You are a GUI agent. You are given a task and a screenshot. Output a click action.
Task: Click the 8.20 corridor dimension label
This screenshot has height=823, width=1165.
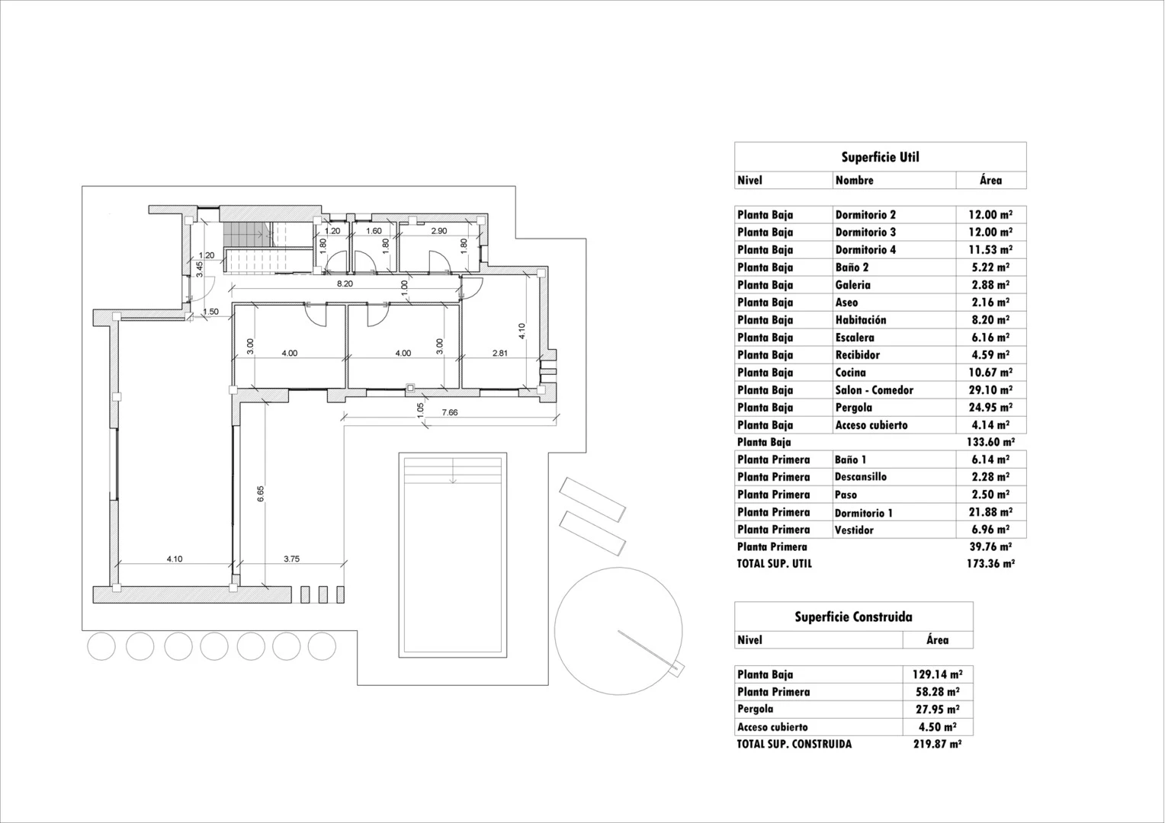point(345,283)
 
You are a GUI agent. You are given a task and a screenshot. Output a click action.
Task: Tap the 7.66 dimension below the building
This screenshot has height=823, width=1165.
point(450,412)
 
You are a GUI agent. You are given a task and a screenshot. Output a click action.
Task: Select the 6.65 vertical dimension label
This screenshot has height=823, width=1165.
point(260,493)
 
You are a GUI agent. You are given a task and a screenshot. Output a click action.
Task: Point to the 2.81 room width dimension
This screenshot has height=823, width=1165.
point(500,353)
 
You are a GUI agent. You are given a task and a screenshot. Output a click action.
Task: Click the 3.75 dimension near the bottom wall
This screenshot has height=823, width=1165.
point(291,559)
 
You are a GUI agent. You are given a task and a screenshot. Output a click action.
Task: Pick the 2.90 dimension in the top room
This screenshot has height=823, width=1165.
point(439,231)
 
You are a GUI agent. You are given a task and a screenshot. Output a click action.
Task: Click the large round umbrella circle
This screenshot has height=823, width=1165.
point(618,632)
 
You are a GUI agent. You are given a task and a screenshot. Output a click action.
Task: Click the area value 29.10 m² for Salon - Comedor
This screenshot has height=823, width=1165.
point(990,390)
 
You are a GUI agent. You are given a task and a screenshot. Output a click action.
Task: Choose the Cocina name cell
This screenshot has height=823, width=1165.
point(850,373)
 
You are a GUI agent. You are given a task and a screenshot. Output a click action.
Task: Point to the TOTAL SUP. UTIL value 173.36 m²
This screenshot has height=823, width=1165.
point(990,564)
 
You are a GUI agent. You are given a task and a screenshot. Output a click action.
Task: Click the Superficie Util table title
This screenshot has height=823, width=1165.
point(880,157)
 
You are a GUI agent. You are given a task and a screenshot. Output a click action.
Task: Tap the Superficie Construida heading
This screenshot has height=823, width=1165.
point(853,617)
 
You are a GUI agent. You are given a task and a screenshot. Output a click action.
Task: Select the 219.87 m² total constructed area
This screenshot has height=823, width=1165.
point(937,745)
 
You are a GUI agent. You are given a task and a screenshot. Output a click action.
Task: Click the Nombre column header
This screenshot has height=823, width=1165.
point(854,181)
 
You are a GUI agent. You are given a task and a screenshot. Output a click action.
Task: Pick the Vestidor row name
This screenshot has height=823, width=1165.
point(854,530)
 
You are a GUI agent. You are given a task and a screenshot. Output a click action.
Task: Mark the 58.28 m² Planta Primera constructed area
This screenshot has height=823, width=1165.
point(937,692)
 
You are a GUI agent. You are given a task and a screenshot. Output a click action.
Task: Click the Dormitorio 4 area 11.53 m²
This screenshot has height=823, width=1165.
point(990,250)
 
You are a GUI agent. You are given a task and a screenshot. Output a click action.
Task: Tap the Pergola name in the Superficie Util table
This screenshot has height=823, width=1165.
point(853,408)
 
